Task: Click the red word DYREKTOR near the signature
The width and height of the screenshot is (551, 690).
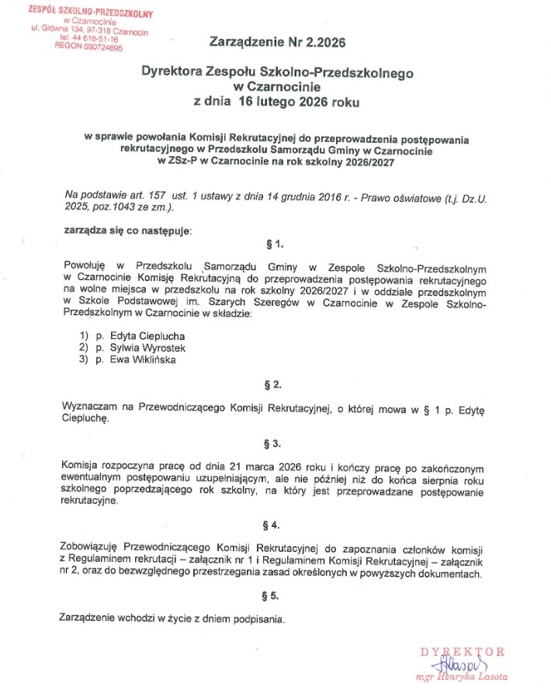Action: point(463,651)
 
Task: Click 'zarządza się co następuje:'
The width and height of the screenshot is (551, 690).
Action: point(126,231)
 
